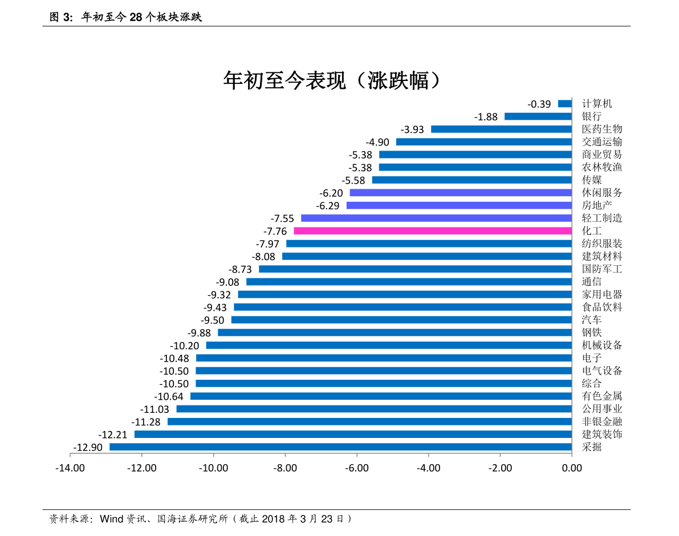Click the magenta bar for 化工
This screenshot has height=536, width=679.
[432, 231]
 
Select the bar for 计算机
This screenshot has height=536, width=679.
[564, 104]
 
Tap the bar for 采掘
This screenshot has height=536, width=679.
[340, 447]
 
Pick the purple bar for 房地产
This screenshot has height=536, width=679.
[459, 205]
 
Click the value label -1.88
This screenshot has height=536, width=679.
[486, 117]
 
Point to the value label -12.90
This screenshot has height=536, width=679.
[88, 448]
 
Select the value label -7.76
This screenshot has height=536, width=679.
[275, 231]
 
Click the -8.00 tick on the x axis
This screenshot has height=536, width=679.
[285, 468]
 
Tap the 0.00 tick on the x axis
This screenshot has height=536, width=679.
[572, 468]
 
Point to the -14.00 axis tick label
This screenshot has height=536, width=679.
[70, 468]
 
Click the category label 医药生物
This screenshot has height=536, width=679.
[602, 129]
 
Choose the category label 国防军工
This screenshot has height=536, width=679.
[602, 269]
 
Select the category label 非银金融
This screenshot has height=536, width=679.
[602, 422]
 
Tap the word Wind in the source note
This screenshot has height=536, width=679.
[112, 519]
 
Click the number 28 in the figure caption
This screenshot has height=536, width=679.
[135, 18]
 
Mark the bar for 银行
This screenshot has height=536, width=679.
[538, 116]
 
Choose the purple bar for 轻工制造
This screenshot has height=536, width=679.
[436, 218]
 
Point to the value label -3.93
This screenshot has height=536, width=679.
[412, 129]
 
